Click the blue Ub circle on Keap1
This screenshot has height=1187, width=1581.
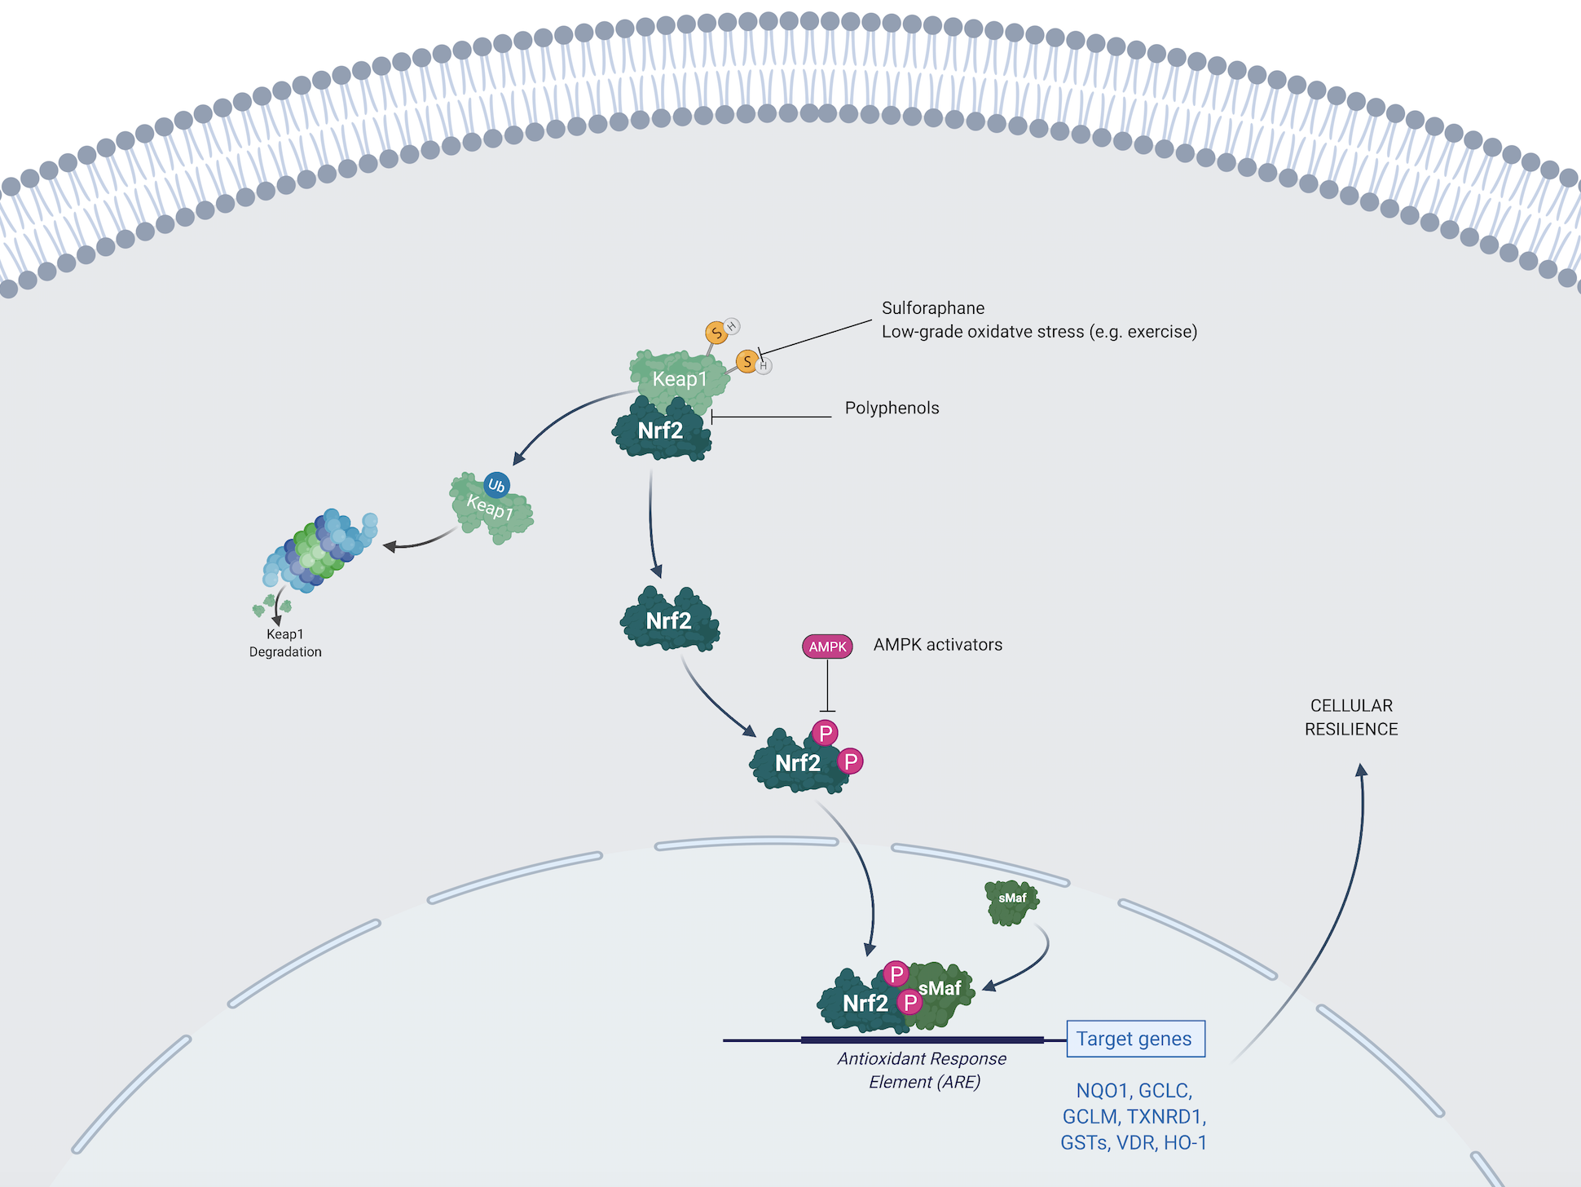click(x=496, y=486)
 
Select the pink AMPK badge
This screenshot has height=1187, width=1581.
click(x=827, y=646)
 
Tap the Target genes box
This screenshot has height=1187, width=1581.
click(x=1135, y=1039)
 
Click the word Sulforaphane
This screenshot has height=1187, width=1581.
click(x=933, y=308)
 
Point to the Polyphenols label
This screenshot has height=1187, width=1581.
click(x=892, y=408)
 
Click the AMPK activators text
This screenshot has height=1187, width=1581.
click(x=937, y=645)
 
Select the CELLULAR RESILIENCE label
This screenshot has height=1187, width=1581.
click(x=1351, y=717)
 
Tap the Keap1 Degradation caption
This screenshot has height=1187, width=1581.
click(x=285, y=642)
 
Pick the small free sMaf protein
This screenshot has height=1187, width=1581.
click(x=1012, y=901)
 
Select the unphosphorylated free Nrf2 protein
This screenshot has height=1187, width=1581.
click(x=669, y=620)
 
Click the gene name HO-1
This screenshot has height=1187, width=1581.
click(x=1185, y=1143)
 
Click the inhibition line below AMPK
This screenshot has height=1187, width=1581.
click(x=828, y=685)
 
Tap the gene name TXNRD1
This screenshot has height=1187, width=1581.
click(x=1165, y=1117)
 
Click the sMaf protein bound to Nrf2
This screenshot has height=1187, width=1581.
click(x=944, y=995)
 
